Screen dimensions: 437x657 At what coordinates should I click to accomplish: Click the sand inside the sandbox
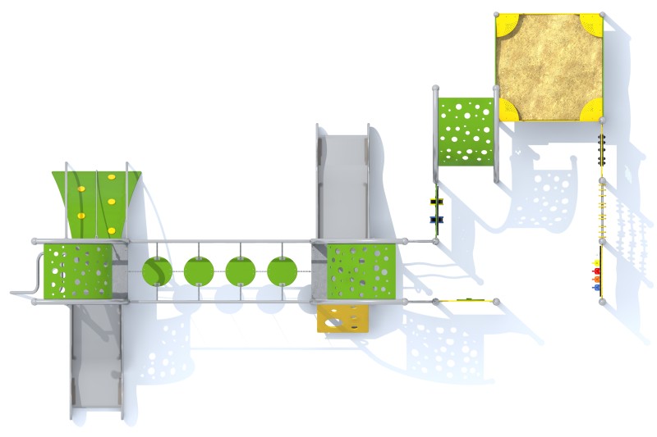pyautogui.click(x=549, y=66)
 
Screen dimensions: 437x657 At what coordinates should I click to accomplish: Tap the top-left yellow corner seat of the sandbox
pyautogui.click(x=506, y=24)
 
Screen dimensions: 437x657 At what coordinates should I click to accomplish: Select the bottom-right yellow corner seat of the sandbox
pyautogui.click(x=592, y=110)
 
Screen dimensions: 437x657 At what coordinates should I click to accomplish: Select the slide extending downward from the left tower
pyautogui.click(x=96, y=361)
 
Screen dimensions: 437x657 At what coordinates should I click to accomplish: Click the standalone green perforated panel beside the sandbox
pyautogui.click(x=466, y=131)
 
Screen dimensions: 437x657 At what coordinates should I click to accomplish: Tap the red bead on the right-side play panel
pyautogui.click(x=597, y=271)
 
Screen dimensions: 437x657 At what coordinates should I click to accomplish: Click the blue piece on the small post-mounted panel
pyautogui.click(x=435, y=219)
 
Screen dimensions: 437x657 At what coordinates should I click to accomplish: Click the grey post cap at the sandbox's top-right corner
pyautogui.click(x=603, y=14)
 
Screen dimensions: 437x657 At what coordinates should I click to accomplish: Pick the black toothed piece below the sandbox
pyautogui.click(x=601, y=152)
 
